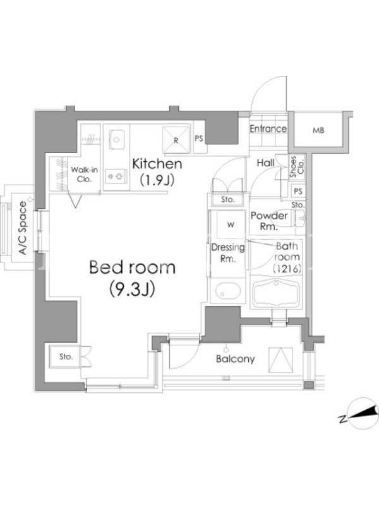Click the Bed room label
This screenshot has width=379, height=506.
pyautogui.click(x=132, y=268)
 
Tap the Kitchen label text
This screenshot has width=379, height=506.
pyautogui.click(x=157, y=164)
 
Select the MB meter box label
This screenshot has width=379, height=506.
pyautogui.click(x=318, y=131)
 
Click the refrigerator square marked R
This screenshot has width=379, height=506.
pyautogui.click(x=176, y=140)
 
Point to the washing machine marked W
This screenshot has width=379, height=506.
pyautogui.click(x=231, y=225)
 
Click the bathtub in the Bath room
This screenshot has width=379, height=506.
pyautogui.click(x=276, y=293)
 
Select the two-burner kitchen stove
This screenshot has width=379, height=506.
pyautogui.click(x=116, y=176)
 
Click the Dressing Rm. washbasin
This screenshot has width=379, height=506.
pyautogui.click(x=227, y=291)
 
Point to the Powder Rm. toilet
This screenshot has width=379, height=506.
pyautogui.click(x=299, y=217)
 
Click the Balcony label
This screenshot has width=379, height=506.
pyautogui.click(x=235, y=359)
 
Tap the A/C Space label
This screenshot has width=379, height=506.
pyautogui.click(x=23, y=228)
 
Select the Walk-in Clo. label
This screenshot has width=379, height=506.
pyautogui.click(x=84, y=175)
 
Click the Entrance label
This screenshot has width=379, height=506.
pyautogui.click(x=268, y=129)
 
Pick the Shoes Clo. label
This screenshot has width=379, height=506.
pyautogui.click(x=297, y=167)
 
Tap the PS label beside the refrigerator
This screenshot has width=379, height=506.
pyautogui.click(x=199, y=139)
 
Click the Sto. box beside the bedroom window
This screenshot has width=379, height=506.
pyautogui.click(x=66, y=357)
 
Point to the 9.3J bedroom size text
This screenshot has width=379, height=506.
pyautogui.click(x=132, y=289)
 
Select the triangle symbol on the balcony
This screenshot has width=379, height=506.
pyautogui.click(x=280, y=360)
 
